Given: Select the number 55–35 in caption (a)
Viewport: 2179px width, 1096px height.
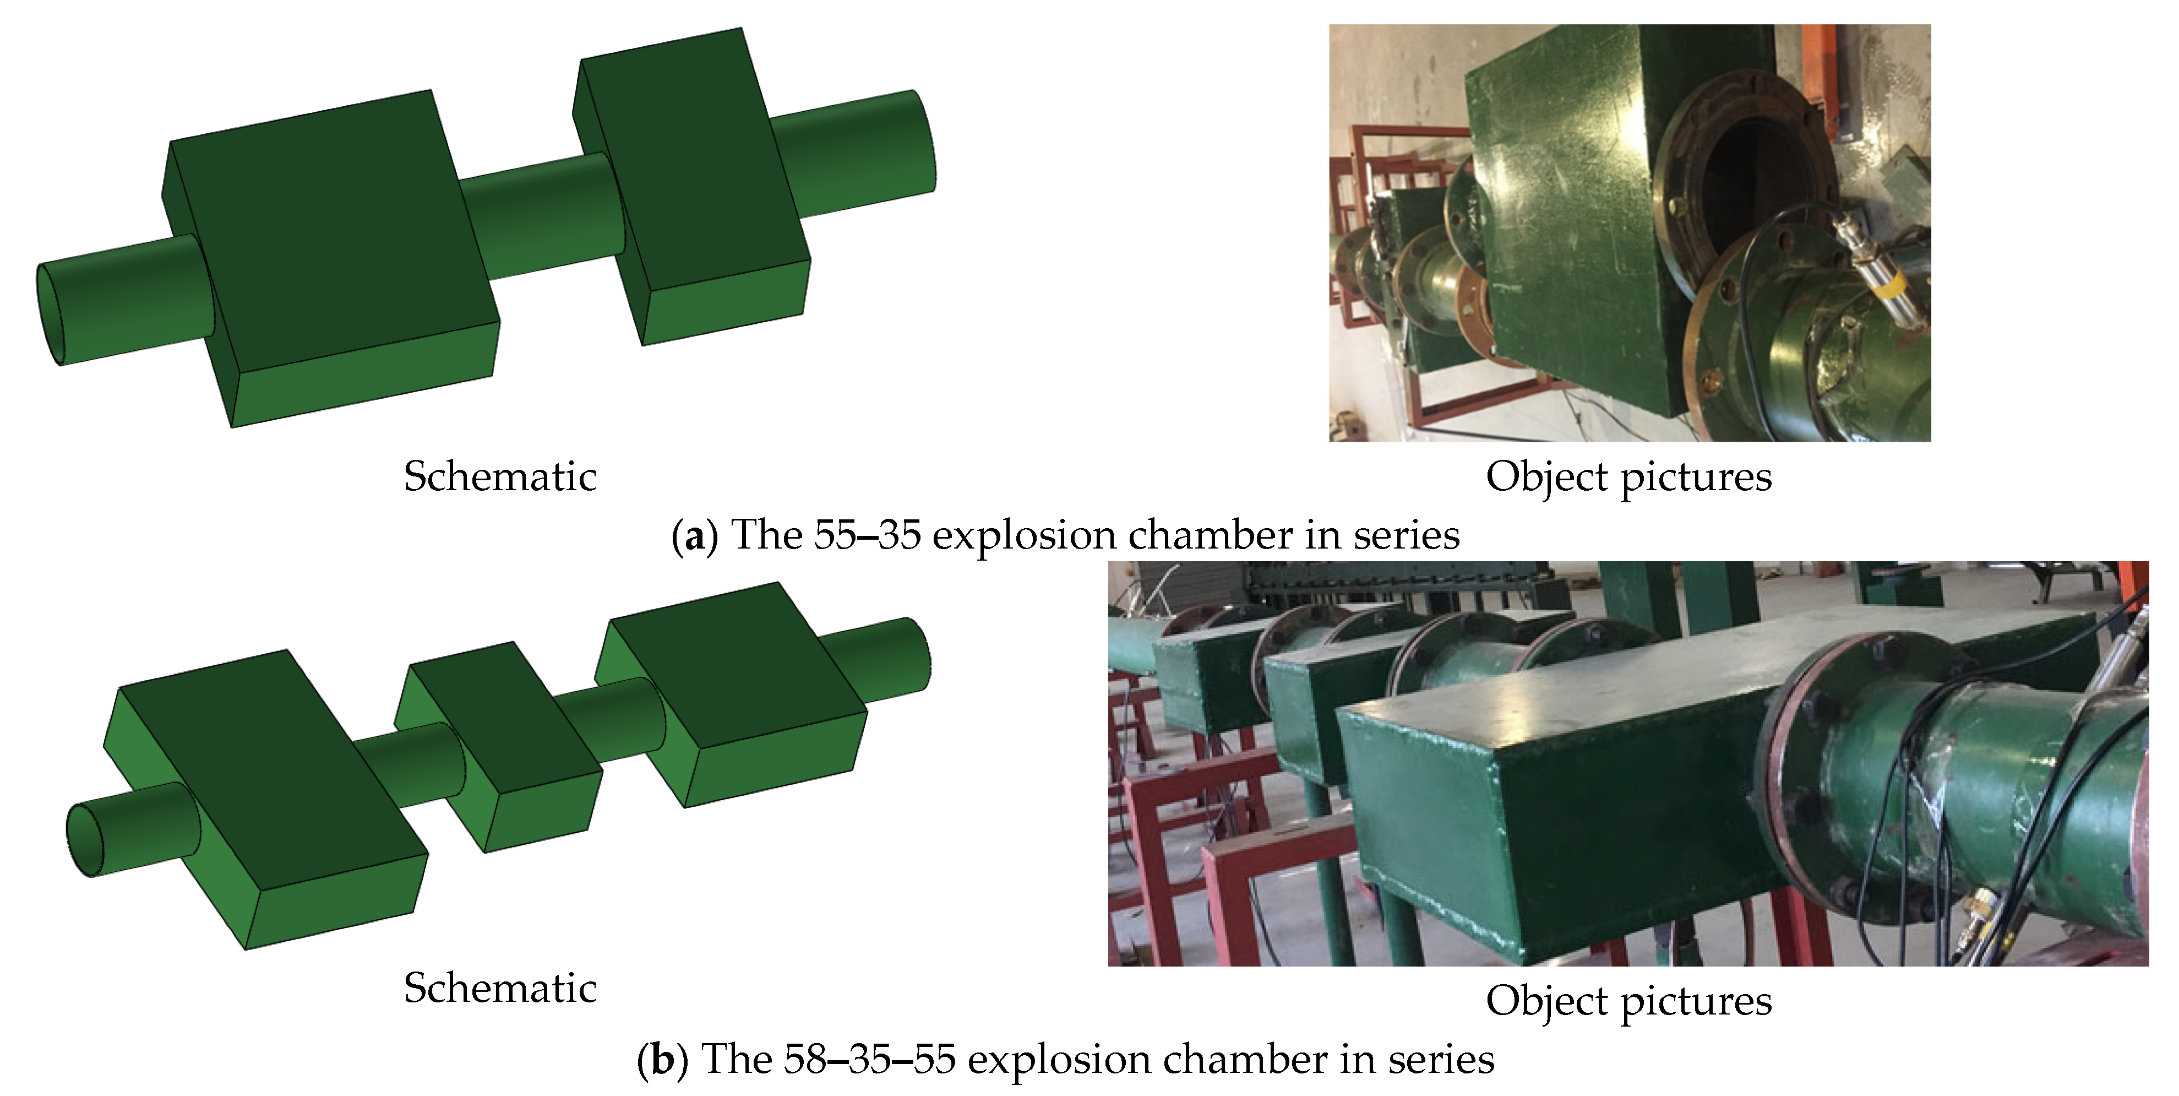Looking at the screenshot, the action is click(867, 535).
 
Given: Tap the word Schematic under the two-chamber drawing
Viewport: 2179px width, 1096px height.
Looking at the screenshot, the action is click(500, 476).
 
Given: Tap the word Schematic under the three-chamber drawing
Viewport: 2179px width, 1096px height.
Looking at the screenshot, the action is click(500, 988).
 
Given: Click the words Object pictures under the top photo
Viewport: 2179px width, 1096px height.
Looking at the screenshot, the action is click(1628, 478).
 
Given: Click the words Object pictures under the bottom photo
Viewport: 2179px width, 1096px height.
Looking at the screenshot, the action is click(1628, 1002).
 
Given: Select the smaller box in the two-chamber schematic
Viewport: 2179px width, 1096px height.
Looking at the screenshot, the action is click(692, 186).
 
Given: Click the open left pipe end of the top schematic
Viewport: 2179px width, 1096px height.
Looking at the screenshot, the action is click(51, 314).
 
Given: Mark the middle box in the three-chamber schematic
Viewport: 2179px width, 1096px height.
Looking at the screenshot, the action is click(499, 745).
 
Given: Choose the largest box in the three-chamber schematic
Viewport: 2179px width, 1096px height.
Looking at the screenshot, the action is click(265, 799).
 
